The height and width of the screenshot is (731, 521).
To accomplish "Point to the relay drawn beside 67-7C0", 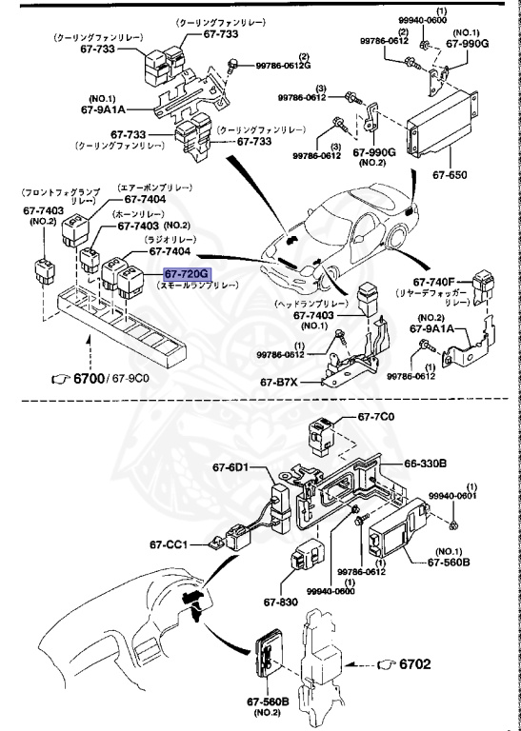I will pyautogui.click(x=318, y=437).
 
